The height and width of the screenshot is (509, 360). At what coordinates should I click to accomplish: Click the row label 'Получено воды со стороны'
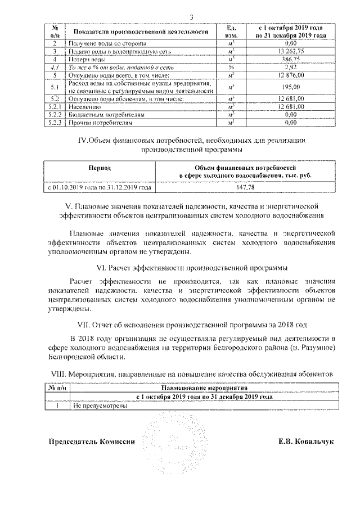tap(107, 43)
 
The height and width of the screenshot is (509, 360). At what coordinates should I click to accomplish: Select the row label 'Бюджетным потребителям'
tap(102, 114)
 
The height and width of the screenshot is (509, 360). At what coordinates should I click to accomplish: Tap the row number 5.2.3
tap(55, 121)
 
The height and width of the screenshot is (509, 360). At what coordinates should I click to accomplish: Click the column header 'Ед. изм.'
tap(230, 31)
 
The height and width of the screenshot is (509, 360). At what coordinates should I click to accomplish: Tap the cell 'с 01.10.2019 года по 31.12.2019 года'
tap(99, 187)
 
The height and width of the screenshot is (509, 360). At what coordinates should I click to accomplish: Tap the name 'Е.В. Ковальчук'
tap(306, 442)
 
